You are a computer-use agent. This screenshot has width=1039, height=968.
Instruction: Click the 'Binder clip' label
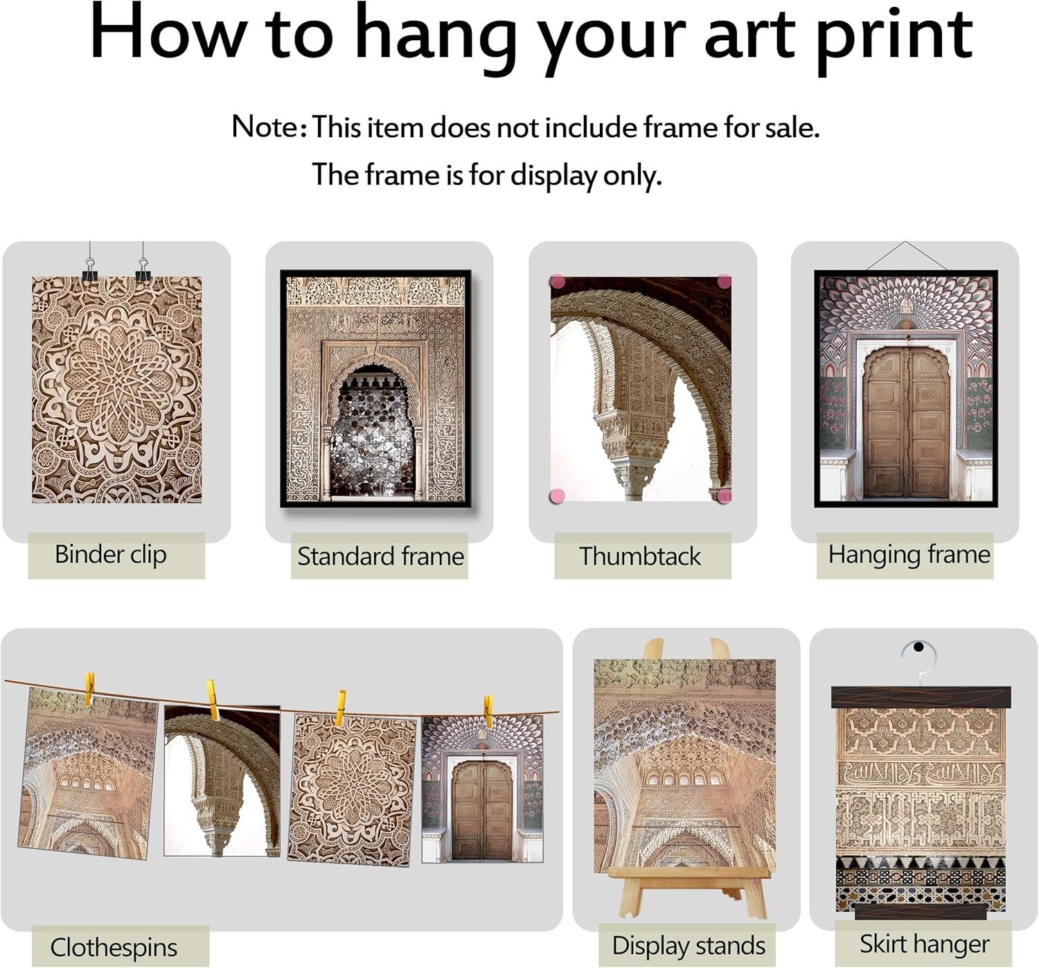point(111,556)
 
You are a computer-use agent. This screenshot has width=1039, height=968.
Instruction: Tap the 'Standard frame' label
point(380,556)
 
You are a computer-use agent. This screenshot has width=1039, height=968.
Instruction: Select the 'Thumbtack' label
point(640,556)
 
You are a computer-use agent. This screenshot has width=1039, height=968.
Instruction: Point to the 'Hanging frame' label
point(909,556)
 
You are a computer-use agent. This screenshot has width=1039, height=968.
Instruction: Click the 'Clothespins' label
point(114,948)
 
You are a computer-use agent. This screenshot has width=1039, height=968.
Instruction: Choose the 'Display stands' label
point(689,947)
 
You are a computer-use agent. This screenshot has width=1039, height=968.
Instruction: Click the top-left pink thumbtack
point(558,282)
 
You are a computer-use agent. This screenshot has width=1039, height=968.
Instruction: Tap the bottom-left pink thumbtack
point(558,495)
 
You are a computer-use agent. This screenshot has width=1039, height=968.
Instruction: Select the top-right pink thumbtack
point(724,281)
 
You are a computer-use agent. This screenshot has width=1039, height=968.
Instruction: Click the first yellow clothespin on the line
point(89,688)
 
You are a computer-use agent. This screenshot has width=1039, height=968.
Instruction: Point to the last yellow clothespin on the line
point(488,712)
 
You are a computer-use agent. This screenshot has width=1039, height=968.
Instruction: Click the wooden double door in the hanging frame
point(907,423)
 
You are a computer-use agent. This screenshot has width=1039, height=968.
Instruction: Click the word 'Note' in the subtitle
point(265,127)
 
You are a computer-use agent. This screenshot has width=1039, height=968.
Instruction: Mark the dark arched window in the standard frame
point(373,430)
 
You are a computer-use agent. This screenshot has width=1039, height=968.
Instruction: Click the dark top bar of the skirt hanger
point(921,697)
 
